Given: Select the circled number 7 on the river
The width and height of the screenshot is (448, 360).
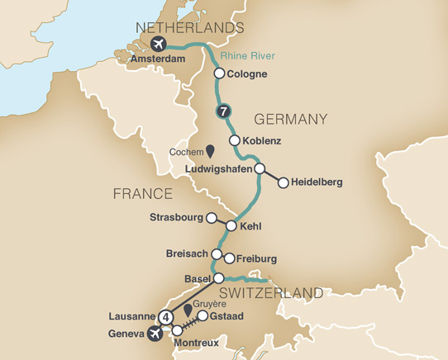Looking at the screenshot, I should tap(222, 111).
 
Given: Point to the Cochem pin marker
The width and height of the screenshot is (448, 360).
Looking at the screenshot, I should tap(210, 152).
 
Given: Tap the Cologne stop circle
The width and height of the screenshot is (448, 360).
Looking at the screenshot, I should tap(219, 73).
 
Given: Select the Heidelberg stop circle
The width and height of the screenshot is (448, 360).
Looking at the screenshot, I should tap(283, 184).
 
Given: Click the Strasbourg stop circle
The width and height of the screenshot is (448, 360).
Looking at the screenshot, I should tap(211, 218).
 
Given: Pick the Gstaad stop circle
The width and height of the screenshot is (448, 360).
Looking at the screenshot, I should tap(201, 316).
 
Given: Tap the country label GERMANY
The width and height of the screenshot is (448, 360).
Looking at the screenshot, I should tap(291, 120).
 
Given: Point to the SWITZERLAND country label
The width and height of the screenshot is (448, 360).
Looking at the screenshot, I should tap(270, 293).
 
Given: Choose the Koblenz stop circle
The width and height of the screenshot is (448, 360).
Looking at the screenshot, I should tap(236, 140).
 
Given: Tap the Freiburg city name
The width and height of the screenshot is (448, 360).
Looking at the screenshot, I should tap(256, 258).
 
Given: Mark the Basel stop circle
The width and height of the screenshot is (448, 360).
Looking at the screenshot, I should tap(219, 278).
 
